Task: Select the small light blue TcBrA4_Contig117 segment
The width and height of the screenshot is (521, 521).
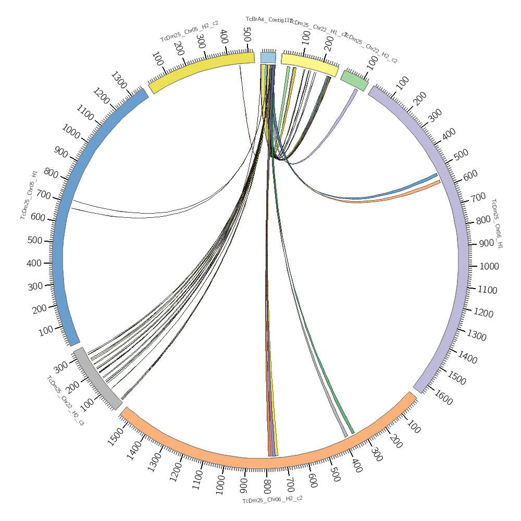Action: pyautogui.click(x=268, y=57)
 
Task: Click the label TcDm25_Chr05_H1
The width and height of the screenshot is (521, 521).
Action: pyautogui.click(x=29, y=194)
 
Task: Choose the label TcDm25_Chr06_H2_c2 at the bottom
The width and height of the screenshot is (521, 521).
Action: pyautogui.click(x=272, y=499)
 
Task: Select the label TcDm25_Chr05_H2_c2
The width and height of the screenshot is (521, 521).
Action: pyautogui.click(x=189, y=31)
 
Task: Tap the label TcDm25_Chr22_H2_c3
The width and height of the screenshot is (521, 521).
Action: pyautogui.click(x=65, y=401)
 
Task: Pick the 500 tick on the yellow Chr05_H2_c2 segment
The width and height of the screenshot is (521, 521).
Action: pyautogui.click(x=246, y=37)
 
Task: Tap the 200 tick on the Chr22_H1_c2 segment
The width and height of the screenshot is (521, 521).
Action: pyautogui.click(x=329, y=44)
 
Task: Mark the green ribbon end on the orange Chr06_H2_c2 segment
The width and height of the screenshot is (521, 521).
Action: pyautogui.click(x=353, y=432)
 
